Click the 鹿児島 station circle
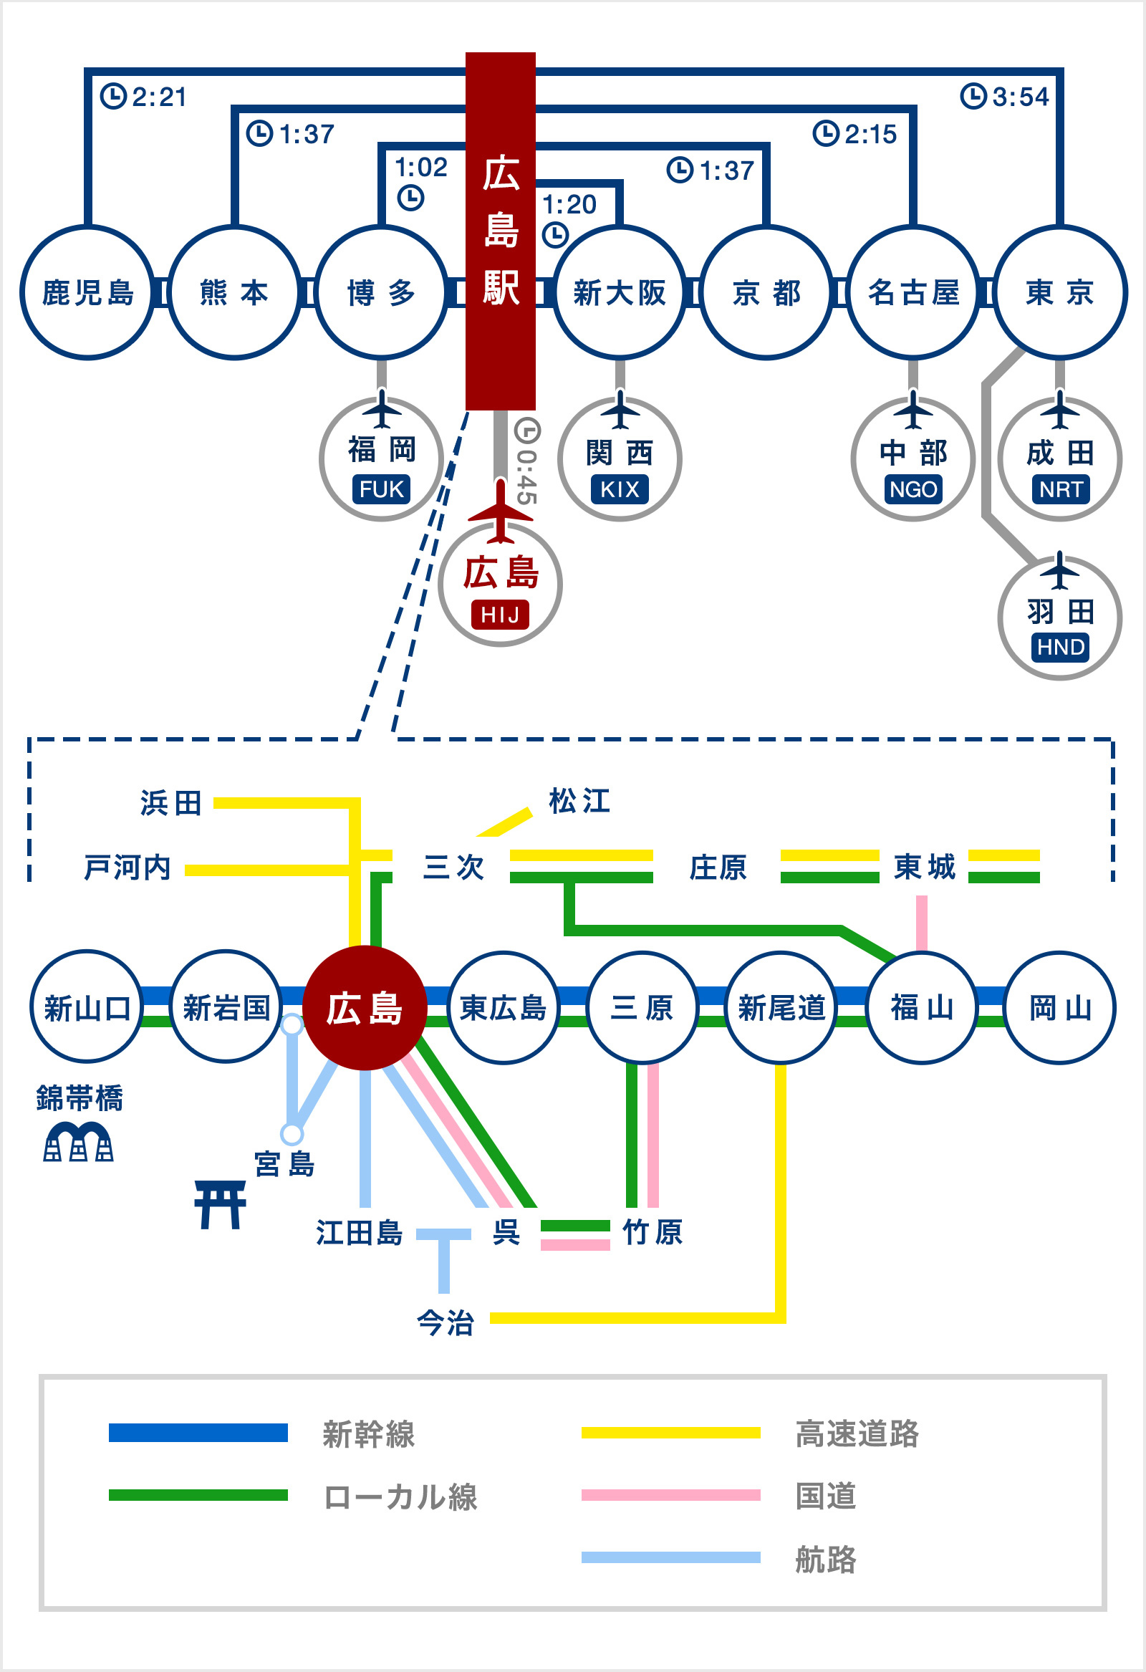tap(88, 293)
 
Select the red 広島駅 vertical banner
tap(501, 231)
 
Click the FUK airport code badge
tap(381, 489)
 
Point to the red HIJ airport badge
tap(500, 615)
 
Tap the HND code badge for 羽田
tap(1060, 647)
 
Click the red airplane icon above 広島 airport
tap(501, 511)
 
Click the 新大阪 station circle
tap(620, 293)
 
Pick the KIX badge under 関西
tap(620, 489)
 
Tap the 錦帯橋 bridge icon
tap(78, 1143)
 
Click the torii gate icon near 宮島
tap(220, 1205)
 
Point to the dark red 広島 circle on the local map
tap(365, 1008)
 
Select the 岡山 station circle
tap(1060, 1008)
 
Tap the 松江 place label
tap(580, 801)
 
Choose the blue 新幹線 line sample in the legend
tap(198, 1433)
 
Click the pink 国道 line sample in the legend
tap(670, 1495)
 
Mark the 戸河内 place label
tap(127, 868)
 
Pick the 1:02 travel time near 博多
tap(422, 168)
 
